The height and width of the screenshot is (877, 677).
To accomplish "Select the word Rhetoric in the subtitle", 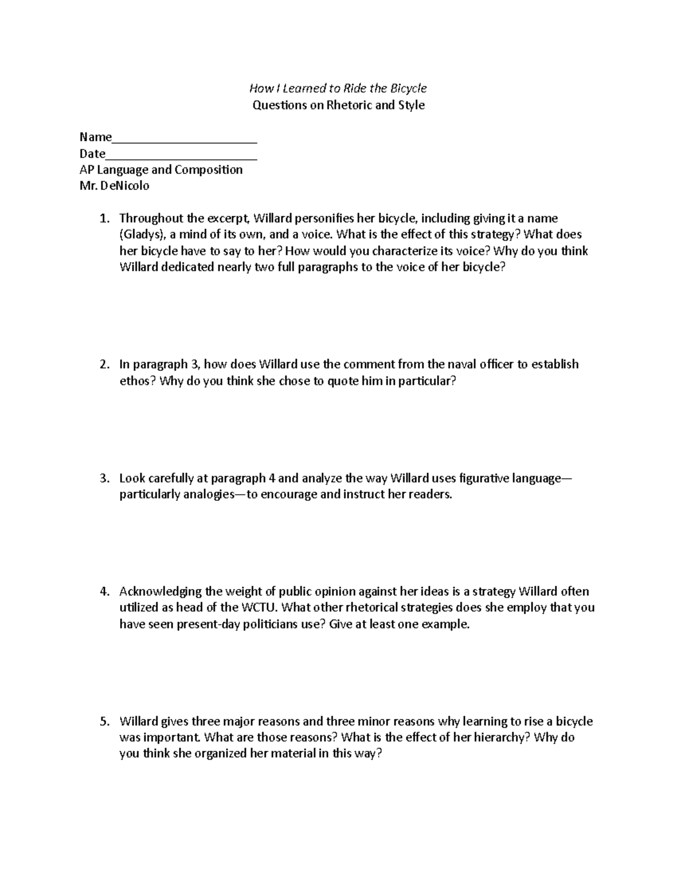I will pos(346,105).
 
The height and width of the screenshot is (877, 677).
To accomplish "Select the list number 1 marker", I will pos(103,219).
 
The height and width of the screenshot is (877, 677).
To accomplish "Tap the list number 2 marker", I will pos(103,365).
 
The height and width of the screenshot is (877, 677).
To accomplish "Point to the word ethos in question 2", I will pos(136,381).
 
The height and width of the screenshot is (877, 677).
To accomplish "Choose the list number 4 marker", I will pos(103,592).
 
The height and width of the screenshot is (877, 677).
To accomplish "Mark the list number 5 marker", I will pos(103,722).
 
